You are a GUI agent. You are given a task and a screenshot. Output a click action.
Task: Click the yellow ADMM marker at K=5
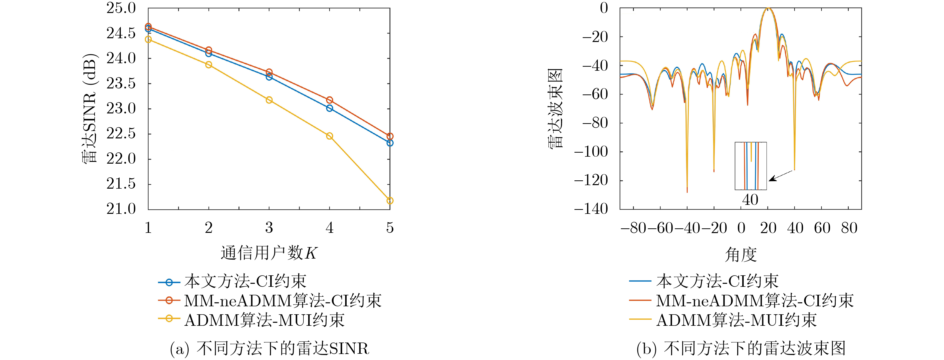point(390,201)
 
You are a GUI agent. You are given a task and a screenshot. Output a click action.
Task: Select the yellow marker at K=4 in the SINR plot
point(329,136)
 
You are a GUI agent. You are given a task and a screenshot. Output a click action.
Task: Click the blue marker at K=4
point(329,108)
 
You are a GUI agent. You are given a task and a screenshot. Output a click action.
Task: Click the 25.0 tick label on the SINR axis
point(121,8)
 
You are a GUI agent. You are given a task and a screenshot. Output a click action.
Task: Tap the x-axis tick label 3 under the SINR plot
point(269,228)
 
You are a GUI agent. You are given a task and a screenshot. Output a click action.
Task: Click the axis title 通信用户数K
point(269,253)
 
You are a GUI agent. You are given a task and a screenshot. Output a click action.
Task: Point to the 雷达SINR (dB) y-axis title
point(90,108)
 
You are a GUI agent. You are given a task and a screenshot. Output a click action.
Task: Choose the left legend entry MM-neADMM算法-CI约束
point(282,301)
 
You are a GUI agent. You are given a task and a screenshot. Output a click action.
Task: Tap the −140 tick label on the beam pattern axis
point(591,209)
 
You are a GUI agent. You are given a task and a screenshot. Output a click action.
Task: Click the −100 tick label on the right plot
point(591,151)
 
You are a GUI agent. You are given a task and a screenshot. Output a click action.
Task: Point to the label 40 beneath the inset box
point(750,200)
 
